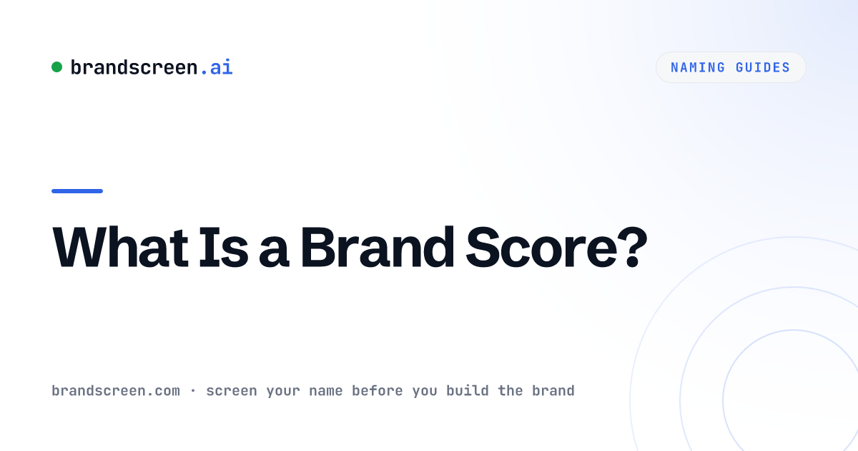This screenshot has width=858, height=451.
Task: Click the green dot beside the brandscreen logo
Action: (x=56, y=67)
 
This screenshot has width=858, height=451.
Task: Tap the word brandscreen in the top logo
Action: (x=134, y=67)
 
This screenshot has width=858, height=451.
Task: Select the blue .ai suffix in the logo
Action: (x=217, y=67)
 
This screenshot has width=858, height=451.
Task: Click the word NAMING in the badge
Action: (x=698, y=67)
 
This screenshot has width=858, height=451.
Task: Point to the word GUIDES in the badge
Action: (x=763, y=67)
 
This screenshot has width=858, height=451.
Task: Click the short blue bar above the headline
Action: (x=77, y=191)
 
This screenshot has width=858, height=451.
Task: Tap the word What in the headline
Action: (x=120, y=248)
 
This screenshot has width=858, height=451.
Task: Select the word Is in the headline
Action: (x=223, y=248)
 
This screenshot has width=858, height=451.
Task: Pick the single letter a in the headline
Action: (x=273, y=253)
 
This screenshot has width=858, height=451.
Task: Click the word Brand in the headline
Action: (x=378, y=248)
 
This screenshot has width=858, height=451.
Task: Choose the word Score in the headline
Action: (x=541, y=248)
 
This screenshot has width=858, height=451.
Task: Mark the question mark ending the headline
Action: (x=632, y=248)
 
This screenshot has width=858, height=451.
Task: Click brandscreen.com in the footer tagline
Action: (x=116, y=391)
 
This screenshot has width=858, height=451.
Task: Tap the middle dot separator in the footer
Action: (x=193, y=391)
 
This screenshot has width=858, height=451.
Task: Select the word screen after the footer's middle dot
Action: (x=232, y=392)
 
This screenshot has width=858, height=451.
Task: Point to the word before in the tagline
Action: (x=378, y=391)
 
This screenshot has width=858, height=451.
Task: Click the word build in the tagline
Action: (x=468, y=391)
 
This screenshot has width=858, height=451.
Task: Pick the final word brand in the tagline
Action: (x=553, y=391)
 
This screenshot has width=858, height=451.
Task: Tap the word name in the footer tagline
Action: (x=325, y=392)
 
